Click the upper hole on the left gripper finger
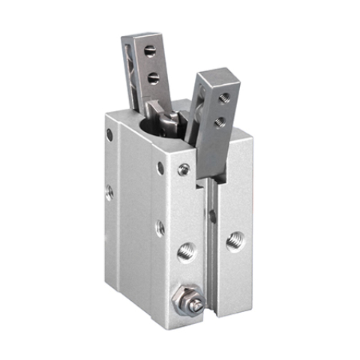pyautogui.click(x=150, y=51)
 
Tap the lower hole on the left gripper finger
pyautogui.click(x=154, y=77)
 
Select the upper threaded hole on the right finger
pyautogui.click(x=223, y=97)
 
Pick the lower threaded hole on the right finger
pyautogui.click(x=219, y=121)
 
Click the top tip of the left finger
pyautogui.click(x=140, y=37)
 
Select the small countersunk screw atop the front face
pyautogui.click(x=184, y=169)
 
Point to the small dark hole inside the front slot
pyautogui.click(x=213, y=217)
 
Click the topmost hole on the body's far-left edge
pyautogui.click(x=109, y=136)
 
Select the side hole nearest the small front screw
pyautogui.click(x=160, y=169)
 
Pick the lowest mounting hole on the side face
pyautogui.click(x=160, y=226)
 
